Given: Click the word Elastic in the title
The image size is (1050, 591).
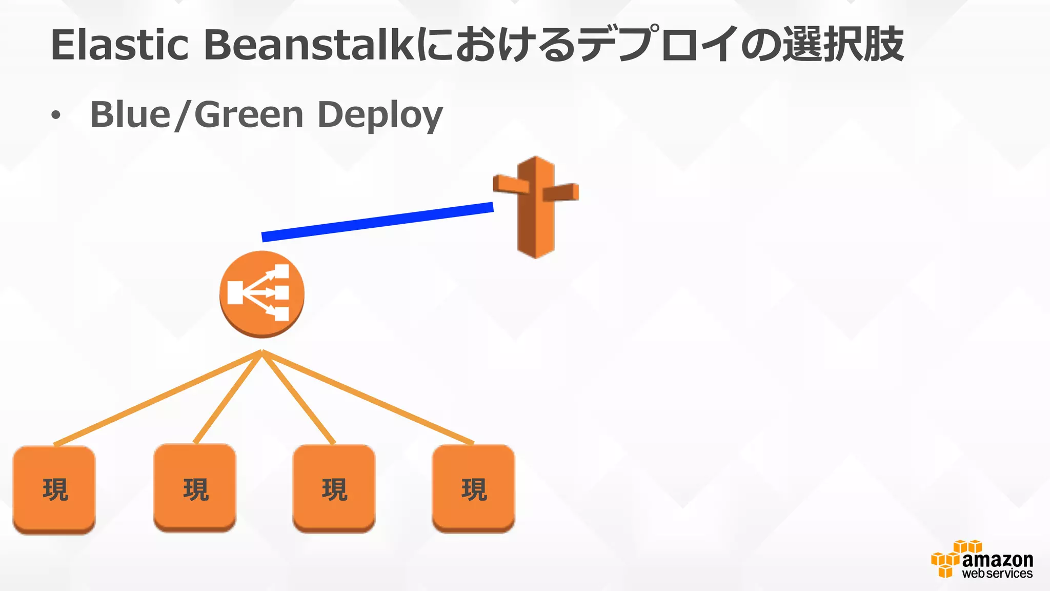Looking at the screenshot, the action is (x=119, y=45).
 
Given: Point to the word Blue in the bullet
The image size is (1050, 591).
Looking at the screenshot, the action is (x=130, y=114).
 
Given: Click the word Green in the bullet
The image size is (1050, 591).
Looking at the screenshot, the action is (x=249, y=114).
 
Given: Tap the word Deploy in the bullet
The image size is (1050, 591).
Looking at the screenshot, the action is (x=380, y=115).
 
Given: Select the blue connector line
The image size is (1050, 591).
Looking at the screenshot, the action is (x=377, y=222).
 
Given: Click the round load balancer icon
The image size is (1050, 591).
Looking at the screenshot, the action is (x=262, y=294).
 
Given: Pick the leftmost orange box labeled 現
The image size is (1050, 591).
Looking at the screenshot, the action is (x=54, y=489).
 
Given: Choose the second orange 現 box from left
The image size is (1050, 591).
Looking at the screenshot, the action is (x=195, y=488).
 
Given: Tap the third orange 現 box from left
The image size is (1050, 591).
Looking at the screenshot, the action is (x=334, y=488).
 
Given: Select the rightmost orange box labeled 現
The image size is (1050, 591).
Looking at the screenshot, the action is (x=474, y=488).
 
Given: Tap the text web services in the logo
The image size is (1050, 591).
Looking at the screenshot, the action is (x=997, y=574).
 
